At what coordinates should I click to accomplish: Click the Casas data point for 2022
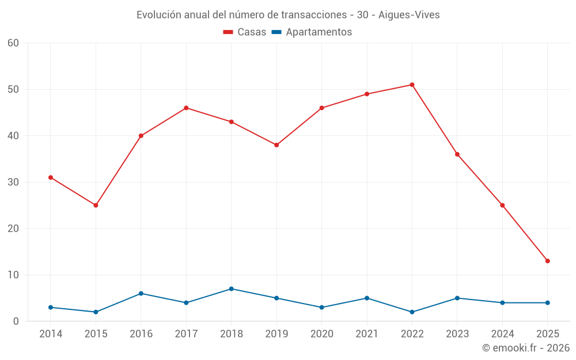tap(412, 85)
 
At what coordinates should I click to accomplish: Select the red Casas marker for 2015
tap(96, 205)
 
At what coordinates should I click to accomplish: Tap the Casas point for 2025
tap(547, 261)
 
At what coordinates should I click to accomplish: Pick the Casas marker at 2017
tap(186, 108)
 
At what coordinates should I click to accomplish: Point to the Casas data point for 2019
tap(276, 145)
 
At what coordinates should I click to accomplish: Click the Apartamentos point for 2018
tap(231, 289)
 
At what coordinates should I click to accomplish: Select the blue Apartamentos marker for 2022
tap(412, 312)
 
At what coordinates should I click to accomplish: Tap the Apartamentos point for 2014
tap(51, 308)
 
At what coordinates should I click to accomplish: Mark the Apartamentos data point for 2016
tap(141, 293)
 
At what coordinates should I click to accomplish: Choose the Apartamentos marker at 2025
tap(547, 303)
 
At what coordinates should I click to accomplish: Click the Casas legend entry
tap(245, 32)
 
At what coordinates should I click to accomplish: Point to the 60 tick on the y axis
tap(13, 43)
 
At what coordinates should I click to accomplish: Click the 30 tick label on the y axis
tap(13, 182)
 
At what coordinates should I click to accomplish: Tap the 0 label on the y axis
tap(16, 321)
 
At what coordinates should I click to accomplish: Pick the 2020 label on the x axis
tap(321, 334)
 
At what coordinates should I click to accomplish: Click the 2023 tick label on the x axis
tap(457, 334)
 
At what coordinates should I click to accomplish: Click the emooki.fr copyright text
tap(525, 348)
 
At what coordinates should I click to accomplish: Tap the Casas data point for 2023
tap(457, 154)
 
